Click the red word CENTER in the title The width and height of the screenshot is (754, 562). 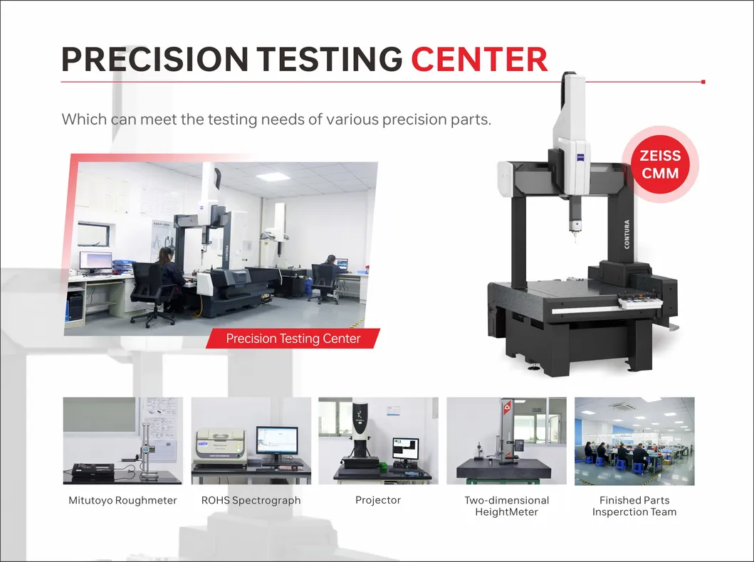[479, 59]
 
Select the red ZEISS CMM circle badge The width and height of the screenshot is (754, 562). [660, 164]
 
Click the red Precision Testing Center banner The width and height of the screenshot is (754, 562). [293, 339]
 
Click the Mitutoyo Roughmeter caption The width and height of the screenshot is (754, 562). [122, 500]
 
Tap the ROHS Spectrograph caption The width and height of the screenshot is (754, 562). [251, 500]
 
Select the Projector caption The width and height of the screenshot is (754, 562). [378, 500]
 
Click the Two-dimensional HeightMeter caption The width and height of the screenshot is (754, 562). [506, 506]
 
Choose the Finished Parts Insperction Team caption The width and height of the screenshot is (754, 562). [634, 506]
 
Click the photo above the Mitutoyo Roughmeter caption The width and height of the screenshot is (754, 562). [122, 441]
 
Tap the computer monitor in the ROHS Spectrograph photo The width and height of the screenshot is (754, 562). [277, 442]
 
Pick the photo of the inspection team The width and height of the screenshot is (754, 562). [634, 441]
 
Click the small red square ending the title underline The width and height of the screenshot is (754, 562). [703, 82]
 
